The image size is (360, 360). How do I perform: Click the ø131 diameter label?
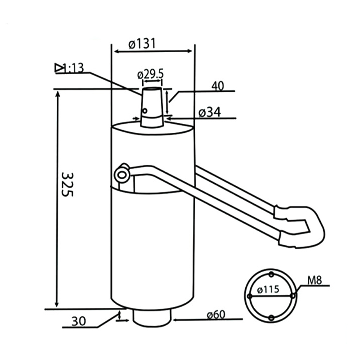tap(142, 44)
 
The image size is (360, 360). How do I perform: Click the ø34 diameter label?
tap(210, 112)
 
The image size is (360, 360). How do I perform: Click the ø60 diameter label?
tap(216, 315)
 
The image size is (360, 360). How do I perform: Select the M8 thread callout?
tap(315, 281)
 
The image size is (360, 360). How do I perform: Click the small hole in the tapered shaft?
tap(145, 110)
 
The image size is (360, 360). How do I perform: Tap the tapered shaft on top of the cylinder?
tap(152, 108)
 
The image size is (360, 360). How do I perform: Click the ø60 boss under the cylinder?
tap(153, 317)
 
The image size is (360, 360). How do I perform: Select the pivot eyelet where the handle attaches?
tap(121, 174)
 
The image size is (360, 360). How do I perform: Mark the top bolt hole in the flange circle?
tap(271, 274)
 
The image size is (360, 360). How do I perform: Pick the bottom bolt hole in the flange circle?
tap(271, 318)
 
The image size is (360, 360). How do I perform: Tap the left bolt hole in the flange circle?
tap(249, 296)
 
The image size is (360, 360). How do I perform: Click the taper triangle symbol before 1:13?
tap(59, 68)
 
